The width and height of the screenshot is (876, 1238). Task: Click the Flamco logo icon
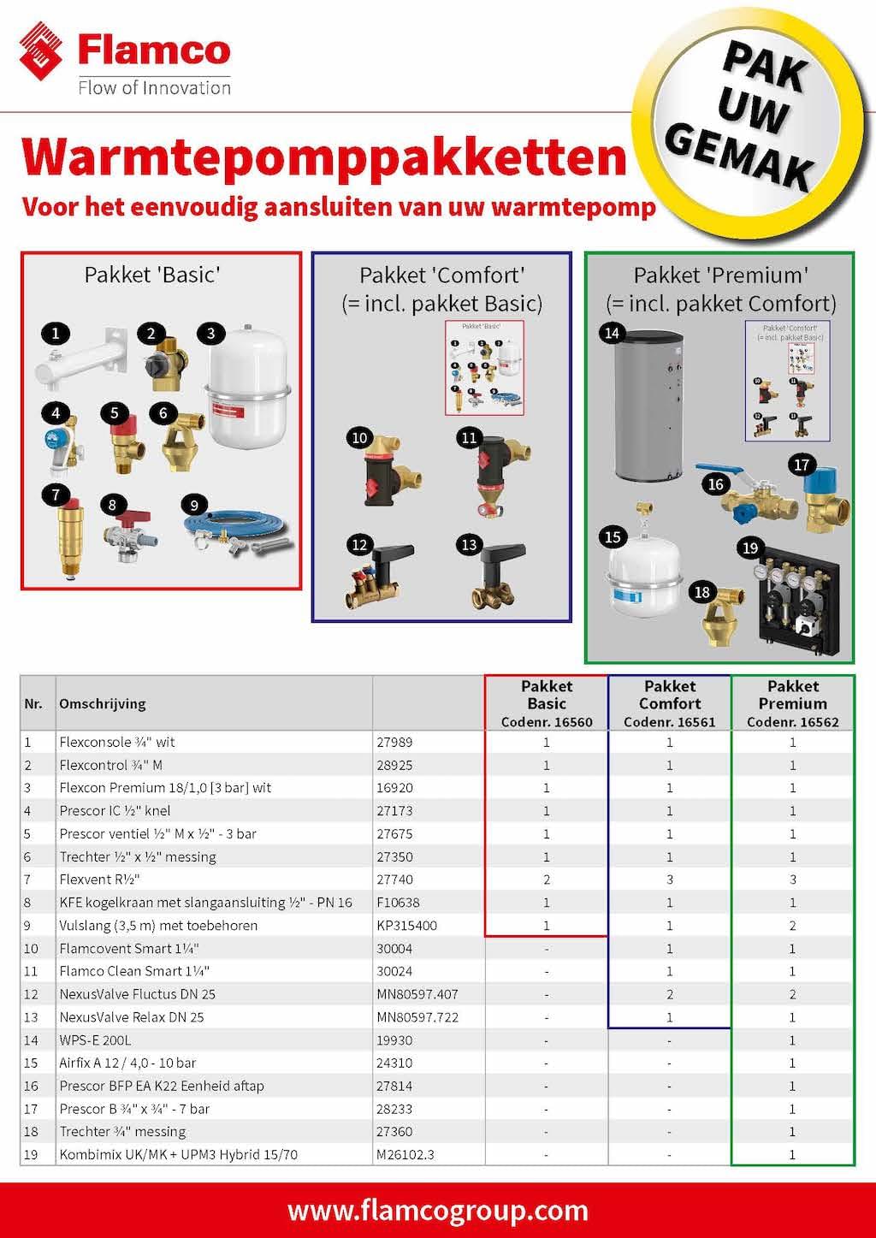click(41, 50)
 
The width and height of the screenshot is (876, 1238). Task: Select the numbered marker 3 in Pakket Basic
click(210, 334)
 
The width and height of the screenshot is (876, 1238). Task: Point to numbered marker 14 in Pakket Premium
click(612, 333)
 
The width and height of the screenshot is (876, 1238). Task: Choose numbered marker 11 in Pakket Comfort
click(469, 438)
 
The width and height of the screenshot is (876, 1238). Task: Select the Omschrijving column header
click(103, 704)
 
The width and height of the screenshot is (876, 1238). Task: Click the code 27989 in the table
click(394, 743)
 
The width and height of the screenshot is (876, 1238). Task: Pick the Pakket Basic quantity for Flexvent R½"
click(547, 880)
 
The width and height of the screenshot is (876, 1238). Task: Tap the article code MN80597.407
click(417, 994)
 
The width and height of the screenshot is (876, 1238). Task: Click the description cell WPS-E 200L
click(95, 1040)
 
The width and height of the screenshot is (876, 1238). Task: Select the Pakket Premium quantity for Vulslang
click(792, 926)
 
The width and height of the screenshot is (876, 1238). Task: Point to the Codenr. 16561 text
click(670, 722)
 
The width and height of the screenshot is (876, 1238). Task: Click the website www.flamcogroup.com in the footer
click(438, 1211)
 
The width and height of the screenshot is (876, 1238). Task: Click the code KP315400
click(406, 926)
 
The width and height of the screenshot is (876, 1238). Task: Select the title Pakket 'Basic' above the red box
click(152, 275)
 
